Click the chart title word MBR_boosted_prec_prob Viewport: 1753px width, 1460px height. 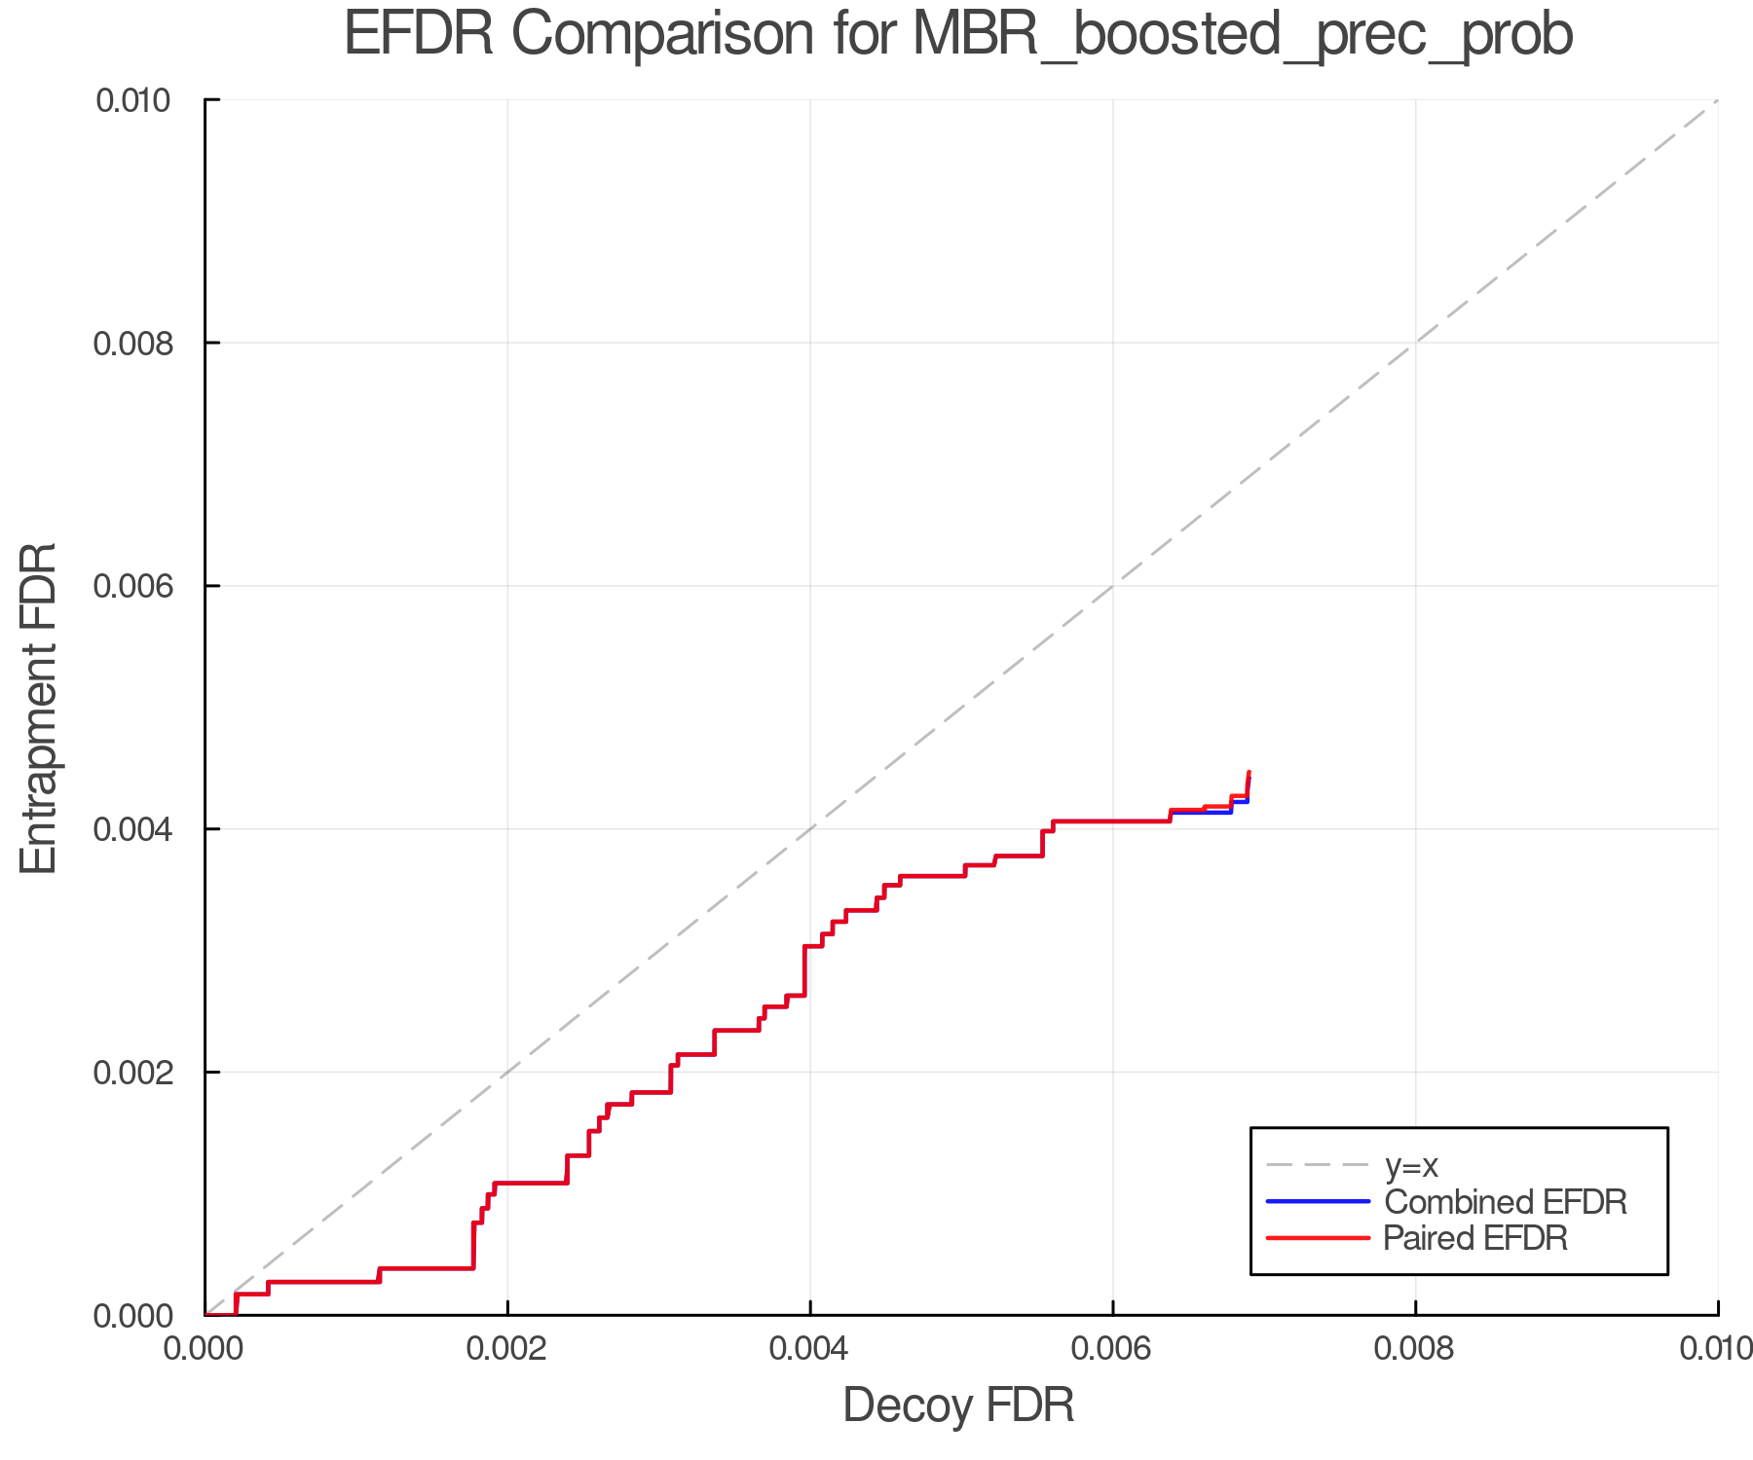[1243, 36]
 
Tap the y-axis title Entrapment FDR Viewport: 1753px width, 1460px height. [39, 708]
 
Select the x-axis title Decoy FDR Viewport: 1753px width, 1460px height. [958, 1405]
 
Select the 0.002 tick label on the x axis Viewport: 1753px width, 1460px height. [507, 1348]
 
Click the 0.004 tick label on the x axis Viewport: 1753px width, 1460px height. [810, 1348]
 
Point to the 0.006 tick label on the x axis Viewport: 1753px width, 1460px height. [1113, 1348]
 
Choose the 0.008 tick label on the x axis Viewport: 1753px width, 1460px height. [1415, 1348]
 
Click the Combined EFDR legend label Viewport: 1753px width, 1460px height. [1506, 1202]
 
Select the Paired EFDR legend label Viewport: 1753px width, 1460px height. [1475, 1238]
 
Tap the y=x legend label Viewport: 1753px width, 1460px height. [1411, 1165]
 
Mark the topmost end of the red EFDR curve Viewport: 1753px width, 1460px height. [1249, 772]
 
